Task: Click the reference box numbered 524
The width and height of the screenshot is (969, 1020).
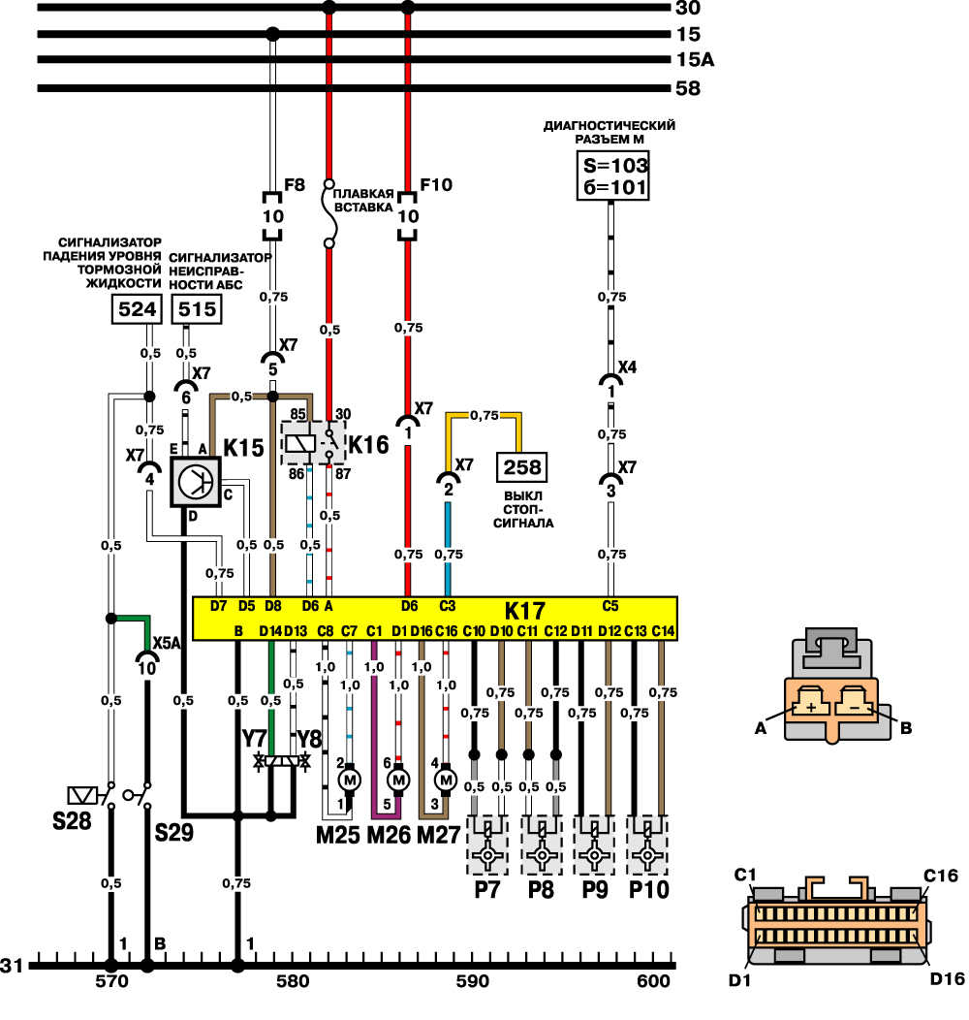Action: (x=137, y=309)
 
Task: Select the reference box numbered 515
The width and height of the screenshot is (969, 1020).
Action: (x=197, y=309)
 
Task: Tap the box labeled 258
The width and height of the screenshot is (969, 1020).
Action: (x=522, y=467)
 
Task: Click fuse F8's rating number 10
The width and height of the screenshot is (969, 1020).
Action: (x=272, y=216)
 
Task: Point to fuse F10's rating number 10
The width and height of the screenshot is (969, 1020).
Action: (x=408, y=216)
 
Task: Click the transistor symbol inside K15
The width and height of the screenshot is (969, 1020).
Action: (x=196, y=482)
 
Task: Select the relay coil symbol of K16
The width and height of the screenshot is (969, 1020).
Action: (x=300, y=443)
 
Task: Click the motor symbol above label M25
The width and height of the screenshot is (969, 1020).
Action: (x=350, y=780)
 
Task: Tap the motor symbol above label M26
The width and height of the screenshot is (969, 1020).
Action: (x=398, y=780)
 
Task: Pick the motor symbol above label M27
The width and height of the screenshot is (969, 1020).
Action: (x=446, y=780)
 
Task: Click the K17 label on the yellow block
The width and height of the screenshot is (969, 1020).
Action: (x=525, y=612)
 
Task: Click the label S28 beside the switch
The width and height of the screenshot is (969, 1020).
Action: (x=72, y=821)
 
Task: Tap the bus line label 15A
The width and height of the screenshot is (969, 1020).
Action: (x=695, y=60)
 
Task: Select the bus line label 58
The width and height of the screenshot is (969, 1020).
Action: (x=688, y=88)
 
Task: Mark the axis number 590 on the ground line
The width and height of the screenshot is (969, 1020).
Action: (x=473, y=981)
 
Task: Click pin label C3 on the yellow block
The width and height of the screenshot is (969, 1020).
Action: (x=448, y=606)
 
